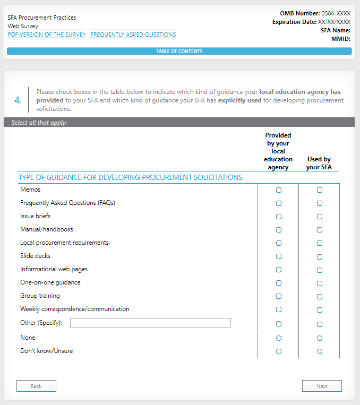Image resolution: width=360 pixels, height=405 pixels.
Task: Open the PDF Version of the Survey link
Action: tap(47, 35)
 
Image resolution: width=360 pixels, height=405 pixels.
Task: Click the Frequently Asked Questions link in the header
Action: tap(133, 35)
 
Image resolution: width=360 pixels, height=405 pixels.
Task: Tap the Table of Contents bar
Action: tap(179, 51)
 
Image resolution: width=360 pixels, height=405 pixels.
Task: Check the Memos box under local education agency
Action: tap(279, 190)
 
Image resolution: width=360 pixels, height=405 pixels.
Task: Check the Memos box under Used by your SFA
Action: tap(320, 190)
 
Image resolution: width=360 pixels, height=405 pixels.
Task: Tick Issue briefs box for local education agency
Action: tap(279, 217)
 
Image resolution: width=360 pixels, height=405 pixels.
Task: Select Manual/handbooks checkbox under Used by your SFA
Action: tap(320, 230)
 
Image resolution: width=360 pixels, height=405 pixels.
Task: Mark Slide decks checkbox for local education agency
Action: tap(279, 256)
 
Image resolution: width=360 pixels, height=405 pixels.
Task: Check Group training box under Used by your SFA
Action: tap(320, 297)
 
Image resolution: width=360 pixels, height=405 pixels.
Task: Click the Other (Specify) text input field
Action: tap(150, 323)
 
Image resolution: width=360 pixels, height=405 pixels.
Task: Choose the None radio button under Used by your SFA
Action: tap(320, 338)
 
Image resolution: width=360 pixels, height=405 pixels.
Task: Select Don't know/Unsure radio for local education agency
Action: tap(279, 351)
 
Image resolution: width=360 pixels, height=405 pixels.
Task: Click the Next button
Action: tap(322, 386)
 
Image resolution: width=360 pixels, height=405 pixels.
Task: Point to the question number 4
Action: tap(18, 100)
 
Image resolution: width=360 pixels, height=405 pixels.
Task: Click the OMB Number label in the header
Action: tap(299, 13)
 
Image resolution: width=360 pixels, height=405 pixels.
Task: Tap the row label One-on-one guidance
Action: tap(50, 282)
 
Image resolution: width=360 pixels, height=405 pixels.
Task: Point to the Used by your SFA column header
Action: tap(319, 163)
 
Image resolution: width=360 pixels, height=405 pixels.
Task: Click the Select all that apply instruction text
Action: tap(39, 123)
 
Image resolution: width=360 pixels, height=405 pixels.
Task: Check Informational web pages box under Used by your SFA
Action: tap(320, 270)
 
